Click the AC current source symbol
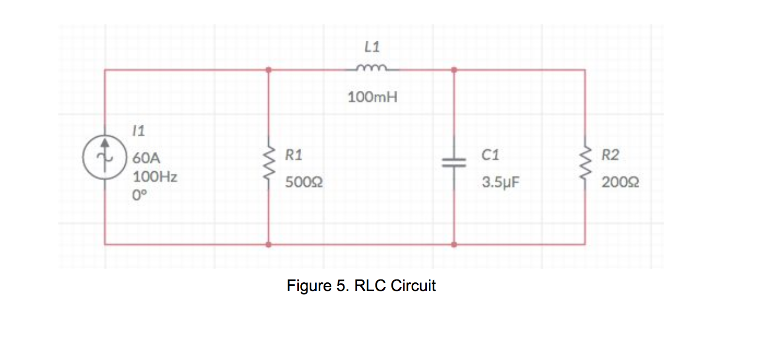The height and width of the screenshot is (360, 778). point(104,157)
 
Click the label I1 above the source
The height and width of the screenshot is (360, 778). point(139,131)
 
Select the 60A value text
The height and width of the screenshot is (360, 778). point(146,158)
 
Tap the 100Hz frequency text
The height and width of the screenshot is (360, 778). point(155,177)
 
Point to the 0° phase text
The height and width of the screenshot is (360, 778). point(139,196)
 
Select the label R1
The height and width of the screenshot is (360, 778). point(293,155)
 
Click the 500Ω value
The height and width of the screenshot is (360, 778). point(304,182)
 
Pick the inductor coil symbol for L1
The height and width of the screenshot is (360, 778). point(372,68)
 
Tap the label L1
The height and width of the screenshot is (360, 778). point(372,47)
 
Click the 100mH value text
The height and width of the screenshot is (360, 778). point(372,98)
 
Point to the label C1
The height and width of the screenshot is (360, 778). point(490,155)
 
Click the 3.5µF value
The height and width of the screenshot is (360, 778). point(500,182)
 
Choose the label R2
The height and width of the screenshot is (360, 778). point(610,155)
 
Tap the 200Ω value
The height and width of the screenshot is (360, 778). point(620,182)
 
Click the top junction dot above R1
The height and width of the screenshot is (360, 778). point(268,70)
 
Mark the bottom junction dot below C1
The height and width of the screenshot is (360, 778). point(454,245)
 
